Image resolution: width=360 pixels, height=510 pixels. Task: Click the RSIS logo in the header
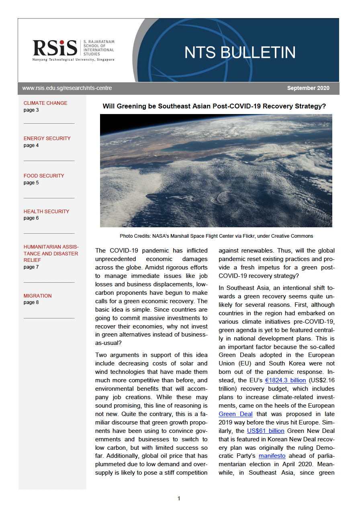pyautogui.click(x=55, y=48)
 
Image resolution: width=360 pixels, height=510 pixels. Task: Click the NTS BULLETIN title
pyautogui.click(x=240, y=53)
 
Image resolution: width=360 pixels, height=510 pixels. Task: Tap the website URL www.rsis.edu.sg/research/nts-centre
pyautogui.click(x=67, y=88)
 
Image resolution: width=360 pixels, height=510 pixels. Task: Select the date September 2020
pyautogui.click(x=308, y=88)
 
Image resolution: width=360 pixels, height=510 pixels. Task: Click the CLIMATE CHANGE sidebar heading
pyautogui.click(x=45, y=103)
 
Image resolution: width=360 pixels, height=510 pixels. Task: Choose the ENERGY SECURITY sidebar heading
pyautogui.click(x=47, y=139)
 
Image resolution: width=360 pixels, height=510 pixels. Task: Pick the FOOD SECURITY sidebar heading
pyautogui.click(x=44, y=176)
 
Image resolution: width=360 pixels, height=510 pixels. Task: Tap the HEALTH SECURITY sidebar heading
pyautogui.click(x=46, y=212)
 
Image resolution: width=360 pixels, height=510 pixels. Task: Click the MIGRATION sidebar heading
pyautogui.click(x=38, y=296)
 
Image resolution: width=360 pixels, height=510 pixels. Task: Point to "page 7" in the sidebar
pyautogui.click(x=31, y=267)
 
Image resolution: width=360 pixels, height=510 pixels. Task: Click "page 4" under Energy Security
pyautogui.click(x=31, y=145)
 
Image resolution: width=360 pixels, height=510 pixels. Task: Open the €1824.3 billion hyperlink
pyautogui.click(x=285, y=380)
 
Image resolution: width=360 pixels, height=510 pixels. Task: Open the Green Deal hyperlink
pyautogui.click(x=235, y=414)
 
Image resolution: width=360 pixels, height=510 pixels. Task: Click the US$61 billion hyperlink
pyautogui.click(x=266, y=431)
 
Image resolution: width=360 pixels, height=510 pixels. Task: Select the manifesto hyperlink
pyautogui.click(x=272, y=456)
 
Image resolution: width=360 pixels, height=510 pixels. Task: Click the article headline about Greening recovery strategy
pyautogui.click(x=214, y=106)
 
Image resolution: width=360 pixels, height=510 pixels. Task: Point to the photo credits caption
pyautogui.click(x=216, y=236)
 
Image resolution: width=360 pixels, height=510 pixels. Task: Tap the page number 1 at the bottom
pyautogui.click(x=179, y=498)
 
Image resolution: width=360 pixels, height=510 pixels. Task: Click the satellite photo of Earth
pyautogui.click(x=216, y=171)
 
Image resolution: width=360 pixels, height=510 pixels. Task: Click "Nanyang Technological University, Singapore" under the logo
pyautogui.click(x=74, y=60)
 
